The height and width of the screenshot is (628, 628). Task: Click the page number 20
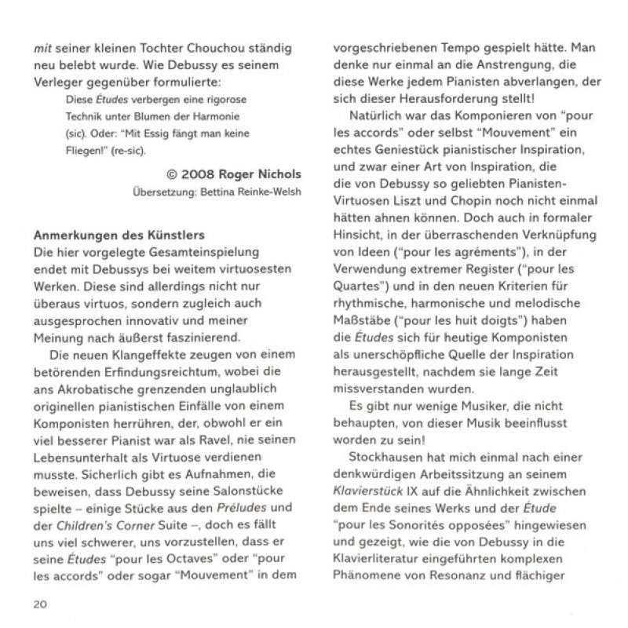tap(39, 603)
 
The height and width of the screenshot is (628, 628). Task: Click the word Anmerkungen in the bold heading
tap(69, 235)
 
